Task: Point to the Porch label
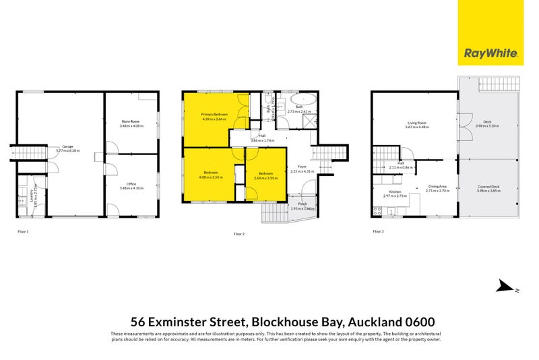302,206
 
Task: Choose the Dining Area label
437,189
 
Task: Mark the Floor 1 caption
23,231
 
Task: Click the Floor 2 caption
239,233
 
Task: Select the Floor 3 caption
378,231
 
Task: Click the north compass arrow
504,287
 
